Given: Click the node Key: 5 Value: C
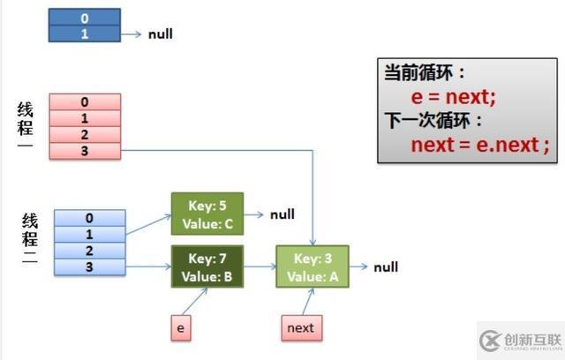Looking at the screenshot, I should click(209, 214).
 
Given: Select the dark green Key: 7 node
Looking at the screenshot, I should click(209, 267).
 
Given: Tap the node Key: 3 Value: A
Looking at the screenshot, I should click(312, 267).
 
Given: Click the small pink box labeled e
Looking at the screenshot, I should click(181, 327).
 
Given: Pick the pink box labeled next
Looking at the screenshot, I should click(299, 327).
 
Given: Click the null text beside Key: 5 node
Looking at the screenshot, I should click(282, 214).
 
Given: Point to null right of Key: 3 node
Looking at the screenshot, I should click(386, 267).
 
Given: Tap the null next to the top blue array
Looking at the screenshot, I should click(160, 34).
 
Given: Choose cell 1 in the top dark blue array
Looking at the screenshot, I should click(85, 34).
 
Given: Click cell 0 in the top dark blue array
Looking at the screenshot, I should click(85, 18).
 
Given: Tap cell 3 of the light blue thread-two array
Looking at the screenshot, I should click(90, 266).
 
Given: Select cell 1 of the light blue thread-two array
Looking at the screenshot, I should click(90, 234).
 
